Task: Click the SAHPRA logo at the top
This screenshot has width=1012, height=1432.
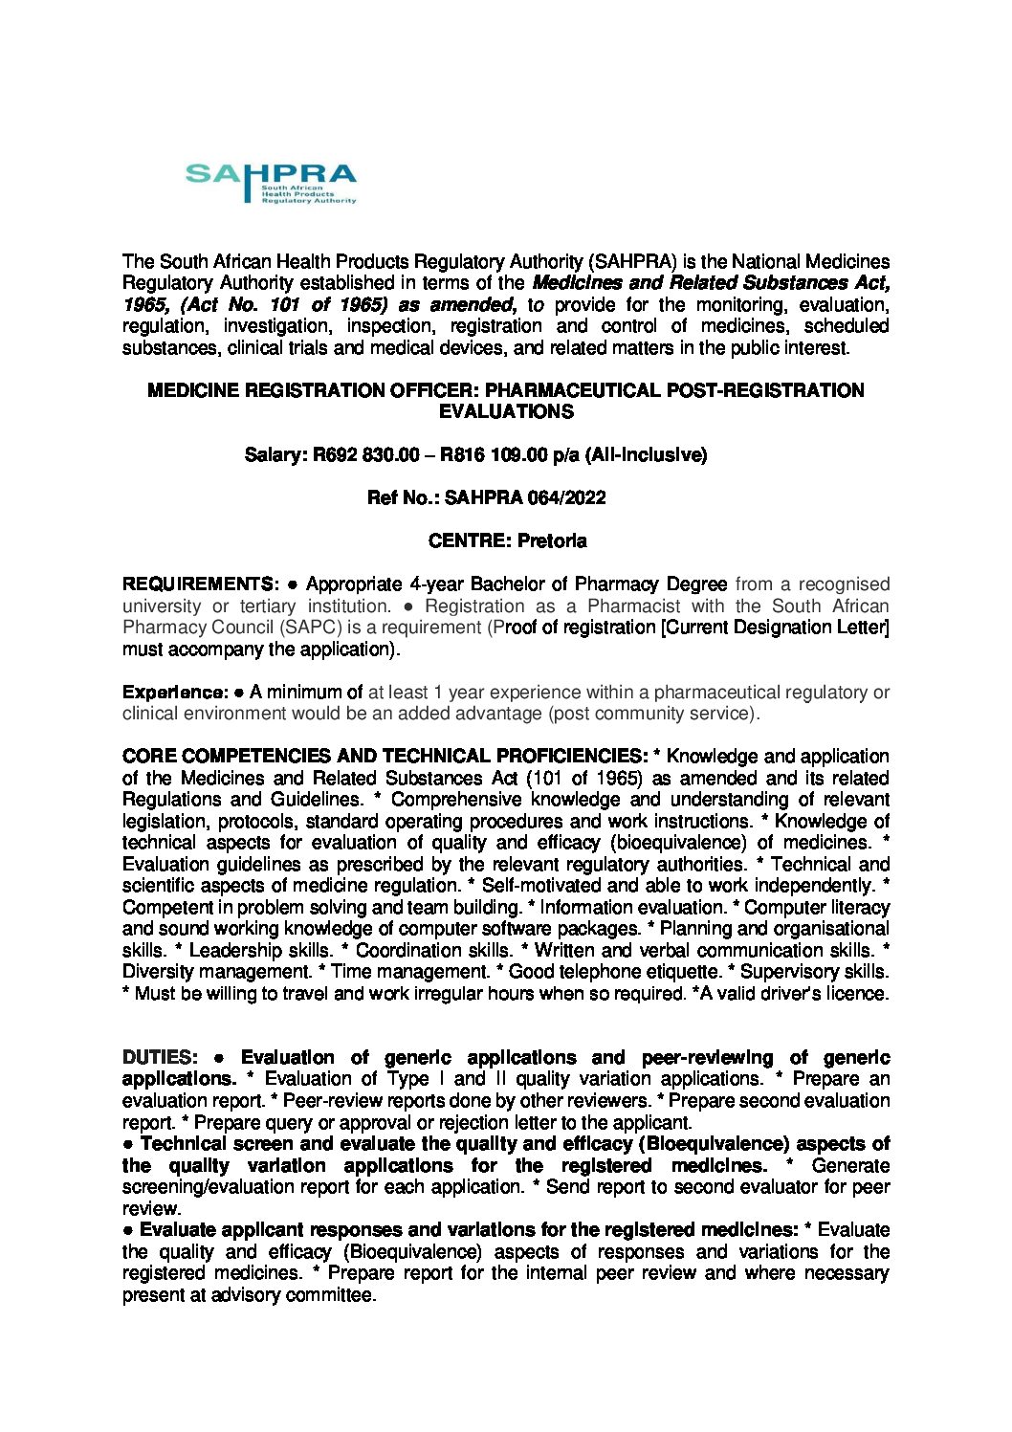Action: click(271, 183)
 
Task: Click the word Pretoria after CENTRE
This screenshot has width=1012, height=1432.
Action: click(552, 541)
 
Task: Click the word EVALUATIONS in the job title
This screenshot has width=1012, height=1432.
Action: click(506, 412)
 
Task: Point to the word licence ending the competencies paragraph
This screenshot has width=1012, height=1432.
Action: click(859, 994)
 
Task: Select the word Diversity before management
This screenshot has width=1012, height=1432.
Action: click(156, 972)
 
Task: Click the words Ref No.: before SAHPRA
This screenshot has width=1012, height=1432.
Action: click(400, 498)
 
